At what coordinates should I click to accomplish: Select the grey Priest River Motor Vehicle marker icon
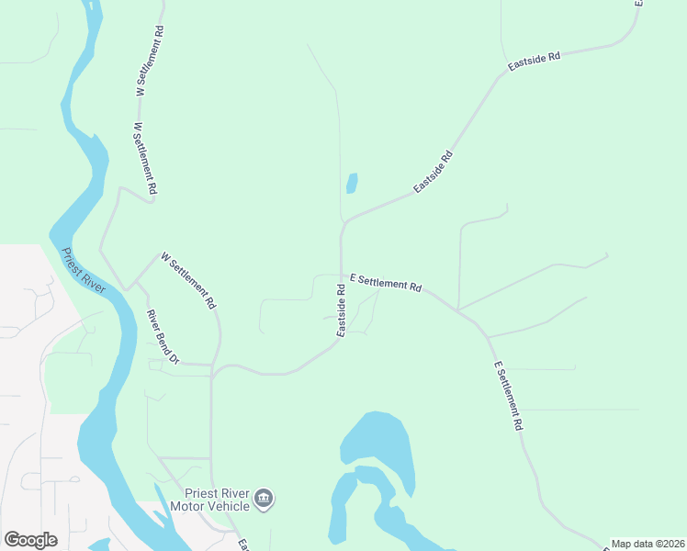coord(264,499)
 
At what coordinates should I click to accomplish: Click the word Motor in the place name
coord(198,506)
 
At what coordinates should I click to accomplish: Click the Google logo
coord(30,540)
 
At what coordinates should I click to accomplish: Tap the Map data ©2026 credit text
coord(648,544)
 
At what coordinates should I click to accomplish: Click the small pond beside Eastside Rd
coord(351,184)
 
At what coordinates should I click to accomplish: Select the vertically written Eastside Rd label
coord(341,309)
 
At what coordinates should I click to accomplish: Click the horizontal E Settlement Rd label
coord(386,284)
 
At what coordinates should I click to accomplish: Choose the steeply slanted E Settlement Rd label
coord(508,395)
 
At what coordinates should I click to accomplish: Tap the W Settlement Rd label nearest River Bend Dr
coord(188,280)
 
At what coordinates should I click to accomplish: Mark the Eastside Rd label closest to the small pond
coord(434,171)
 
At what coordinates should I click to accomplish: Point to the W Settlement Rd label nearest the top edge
coord(150,60)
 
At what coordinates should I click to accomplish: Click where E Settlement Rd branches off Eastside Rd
coord(342,274)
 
